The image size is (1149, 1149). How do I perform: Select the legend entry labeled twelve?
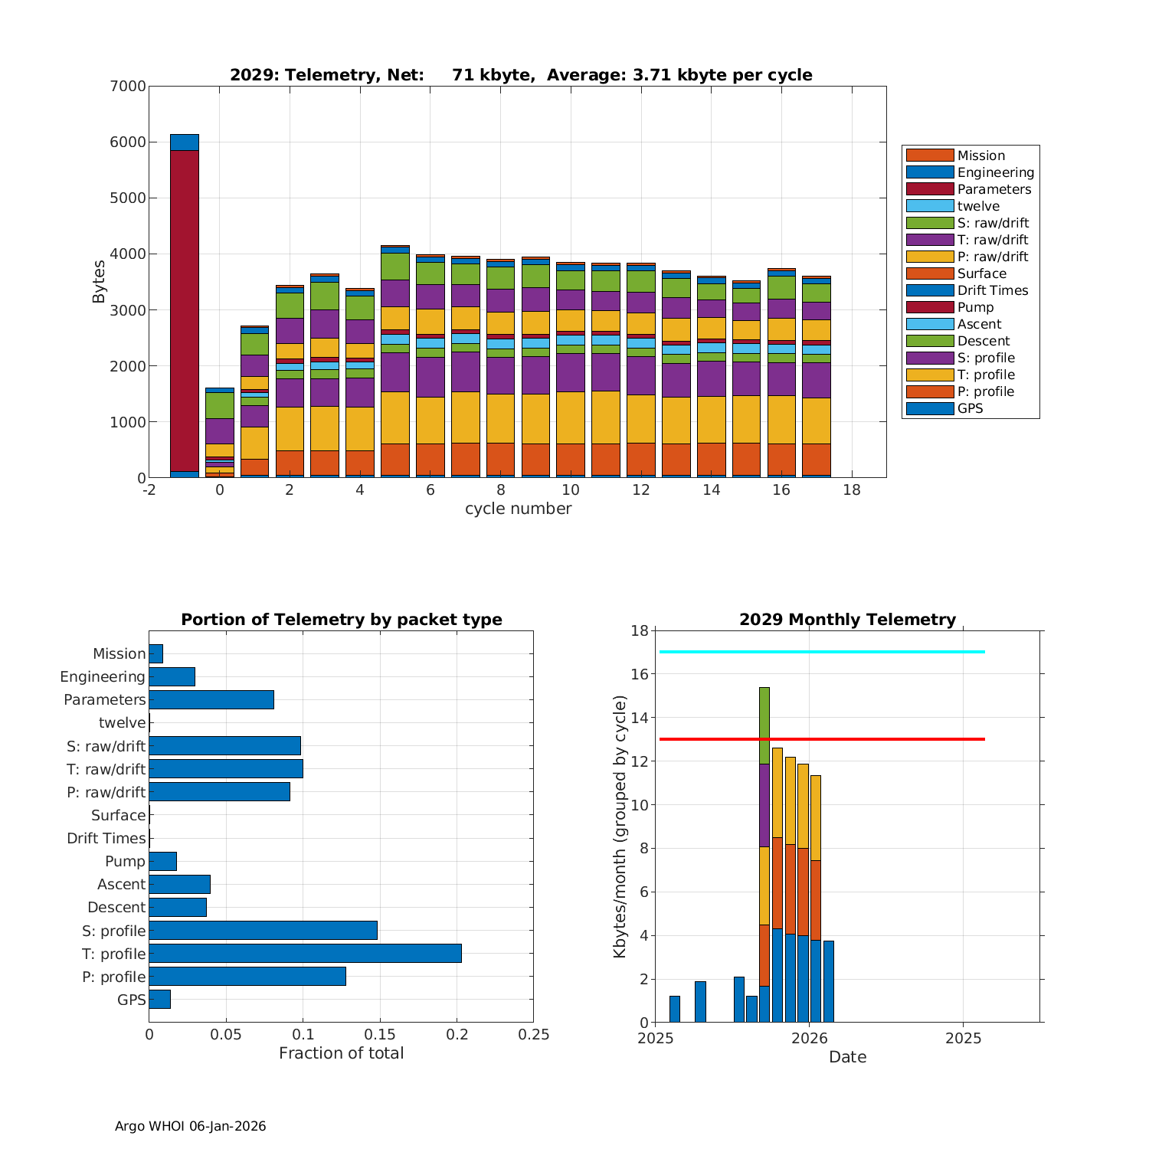(x=978, y=206)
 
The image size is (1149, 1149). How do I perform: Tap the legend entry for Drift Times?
(x=992, y=290)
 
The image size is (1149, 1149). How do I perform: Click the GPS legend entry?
(x=970, y=408)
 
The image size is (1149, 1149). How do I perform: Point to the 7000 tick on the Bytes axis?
(x=128, y=86)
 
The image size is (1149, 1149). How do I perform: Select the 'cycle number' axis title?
(x=518, y=509)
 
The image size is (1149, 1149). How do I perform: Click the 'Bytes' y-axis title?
(x=99, y=282)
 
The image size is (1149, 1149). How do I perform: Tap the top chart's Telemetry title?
(x=521, y=75)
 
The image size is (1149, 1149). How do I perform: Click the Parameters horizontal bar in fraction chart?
(x=211, y=699)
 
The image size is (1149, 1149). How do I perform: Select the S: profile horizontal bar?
(x=263, y=930)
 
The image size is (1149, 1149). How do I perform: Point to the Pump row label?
(x=125, y=861)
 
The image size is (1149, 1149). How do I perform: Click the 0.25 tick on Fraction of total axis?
(x=534, y=1035)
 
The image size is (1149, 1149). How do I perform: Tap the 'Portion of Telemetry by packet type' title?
(x=342, y=620)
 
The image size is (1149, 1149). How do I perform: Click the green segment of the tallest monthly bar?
(x=764, y=725)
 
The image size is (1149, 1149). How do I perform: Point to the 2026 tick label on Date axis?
(x=809, y=1039)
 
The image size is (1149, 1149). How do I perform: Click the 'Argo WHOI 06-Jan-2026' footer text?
(x=190, y=1126)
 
